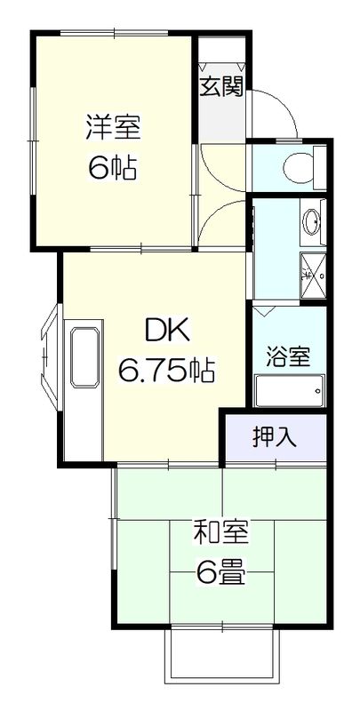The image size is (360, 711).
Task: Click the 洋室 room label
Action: (113, 126)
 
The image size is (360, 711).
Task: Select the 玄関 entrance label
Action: (222, 89)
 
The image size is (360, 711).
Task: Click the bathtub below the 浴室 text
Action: (290, 390)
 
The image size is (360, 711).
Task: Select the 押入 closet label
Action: (276, 437)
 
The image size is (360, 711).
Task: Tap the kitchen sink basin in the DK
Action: (84, 356)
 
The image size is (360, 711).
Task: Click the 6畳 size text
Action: (221, 573)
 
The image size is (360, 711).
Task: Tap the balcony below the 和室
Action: (221, 659)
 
